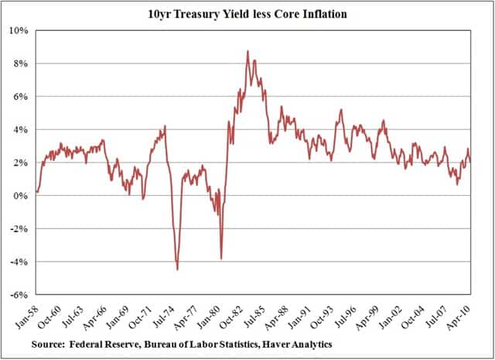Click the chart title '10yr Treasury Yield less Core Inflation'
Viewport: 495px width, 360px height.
(247, 13)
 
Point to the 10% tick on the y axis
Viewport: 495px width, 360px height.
(19, 31)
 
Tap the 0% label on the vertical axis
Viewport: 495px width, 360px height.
(22, 196)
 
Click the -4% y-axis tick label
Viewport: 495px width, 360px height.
(19, 262)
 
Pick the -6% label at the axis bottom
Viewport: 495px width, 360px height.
(19, 295)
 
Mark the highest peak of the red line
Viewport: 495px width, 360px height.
(247, 51)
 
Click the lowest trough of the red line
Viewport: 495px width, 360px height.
(177, 269)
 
